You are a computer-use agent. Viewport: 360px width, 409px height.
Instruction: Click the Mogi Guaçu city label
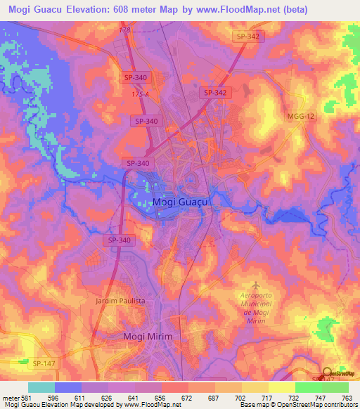pyautogui.click(x=182, y=202)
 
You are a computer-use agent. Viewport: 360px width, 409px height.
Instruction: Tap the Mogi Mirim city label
pyautogui.click(x=147, y=337)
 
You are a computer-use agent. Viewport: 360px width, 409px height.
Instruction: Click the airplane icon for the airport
pyautogui.click(x=255, y=285)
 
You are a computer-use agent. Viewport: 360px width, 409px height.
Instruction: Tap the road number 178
pyautogui.click(x=125, y=30)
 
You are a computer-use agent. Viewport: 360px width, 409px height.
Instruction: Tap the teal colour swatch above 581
pyautogui.click(x=41, y=387)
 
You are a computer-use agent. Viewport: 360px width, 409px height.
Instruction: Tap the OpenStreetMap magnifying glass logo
pyautogui.click(x=327, y=374)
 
